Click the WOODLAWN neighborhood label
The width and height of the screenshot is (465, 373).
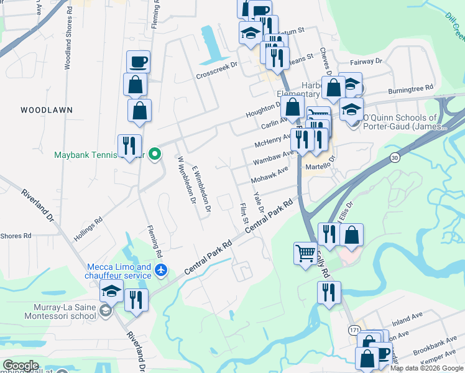point(47,110)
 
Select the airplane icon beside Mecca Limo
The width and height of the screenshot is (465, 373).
point(162,269)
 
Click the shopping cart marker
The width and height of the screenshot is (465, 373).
point(305,254)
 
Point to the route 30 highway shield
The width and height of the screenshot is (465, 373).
point(394,159)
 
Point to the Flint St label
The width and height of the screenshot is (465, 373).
point(244,213)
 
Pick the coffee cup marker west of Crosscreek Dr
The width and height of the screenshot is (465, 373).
point(139,62)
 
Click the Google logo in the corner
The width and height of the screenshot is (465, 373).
point(21,365)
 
